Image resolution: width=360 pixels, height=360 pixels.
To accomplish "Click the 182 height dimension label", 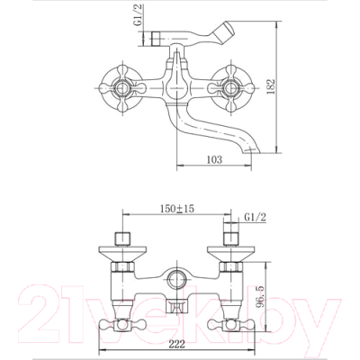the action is (x=271, y=86).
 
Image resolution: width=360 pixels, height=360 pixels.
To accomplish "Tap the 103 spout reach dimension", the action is (x=214, y=159).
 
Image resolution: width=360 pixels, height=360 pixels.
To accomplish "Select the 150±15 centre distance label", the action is (x=176, y=208).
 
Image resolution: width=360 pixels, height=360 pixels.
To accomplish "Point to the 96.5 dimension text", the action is (x=261, y=297).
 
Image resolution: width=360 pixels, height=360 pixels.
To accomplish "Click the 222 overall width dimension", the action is (x=177, y=344).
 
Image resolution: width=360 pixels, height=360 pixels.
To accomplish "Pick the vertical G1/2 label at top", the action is (x=139, y=15).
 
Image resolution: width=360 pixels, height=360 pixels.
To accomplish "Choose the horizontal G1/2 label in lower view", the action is (x=256, y=217).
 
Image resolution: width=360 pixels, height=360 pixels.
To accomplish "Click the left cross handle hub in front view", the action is (x=122, y=88).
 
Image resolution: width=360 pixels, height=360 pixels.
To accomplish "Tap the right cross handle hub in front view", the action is (x=230, y=88).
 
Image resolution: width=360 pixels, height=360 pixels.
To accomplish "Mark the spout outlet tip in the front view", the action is (x=252, y=149).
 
